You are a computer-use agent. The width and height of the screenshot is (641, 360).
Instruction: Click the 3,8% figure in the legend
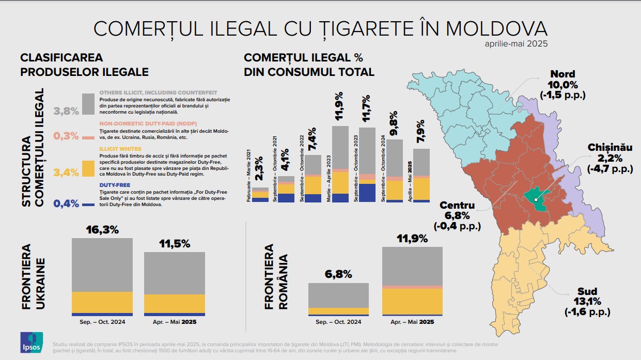point(67,111)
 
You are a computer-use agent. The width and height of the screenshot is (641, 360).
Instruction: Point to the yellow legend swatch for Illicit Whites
point(88,169)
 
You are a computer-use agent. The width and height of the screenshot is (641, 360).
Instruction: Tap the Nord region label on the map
point(562,74)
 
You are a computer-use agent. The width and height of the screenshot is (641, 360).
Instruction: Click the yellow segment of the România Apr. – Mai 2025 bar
point(412,301)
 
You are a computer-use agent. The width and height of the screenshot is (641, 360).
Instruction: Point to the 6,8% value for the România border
point(338,274)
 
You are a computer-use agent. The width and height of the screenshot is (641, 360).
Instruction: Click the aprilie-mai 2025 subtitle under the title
point(516,44)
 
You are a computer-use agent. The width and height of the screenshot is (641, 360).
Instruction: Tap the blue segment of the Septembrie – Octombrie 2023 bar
point(367,193)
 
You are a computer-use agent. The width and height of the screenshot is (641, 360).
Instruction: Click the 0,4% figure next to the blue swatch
point(67,203)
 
